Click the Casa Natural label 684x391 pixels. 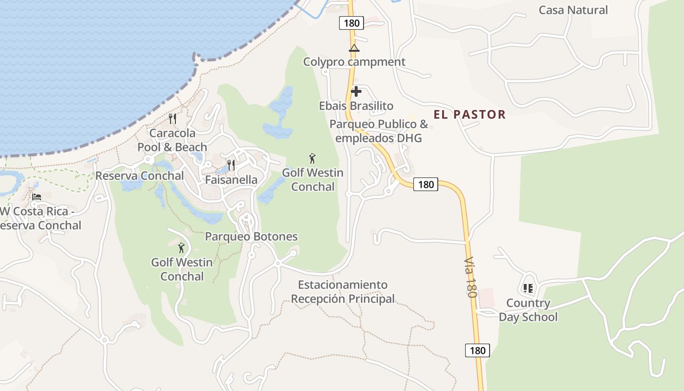573,10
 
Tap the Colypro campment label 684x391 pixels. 354,62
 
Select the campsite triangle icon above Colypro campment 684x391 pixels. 354,48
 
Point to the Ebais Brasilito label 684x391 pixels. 356,106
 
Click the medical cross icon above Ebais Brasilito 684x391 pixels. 356,91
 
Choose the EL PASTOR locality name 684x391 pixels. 469,114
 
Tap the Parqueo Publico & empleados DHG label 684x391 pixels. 378,131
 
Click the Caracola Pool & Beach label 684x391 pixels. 172,140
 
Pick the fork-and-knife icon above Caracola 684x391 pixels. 172,118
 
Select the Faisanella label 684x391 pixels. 231,179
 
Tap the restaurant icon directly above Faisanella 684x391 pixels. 231,165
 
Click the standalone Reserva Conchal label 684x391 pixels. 140,175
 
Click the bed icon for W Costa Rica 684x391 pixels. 37,197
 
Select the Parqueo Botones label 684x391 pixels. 251,237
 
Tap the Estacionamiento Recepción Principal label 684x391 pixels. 342,292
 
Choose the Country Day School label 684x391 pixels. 528,310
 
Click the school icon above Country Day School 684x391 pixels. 528,288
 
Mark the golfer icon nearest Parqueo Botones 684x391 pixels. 182,248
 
